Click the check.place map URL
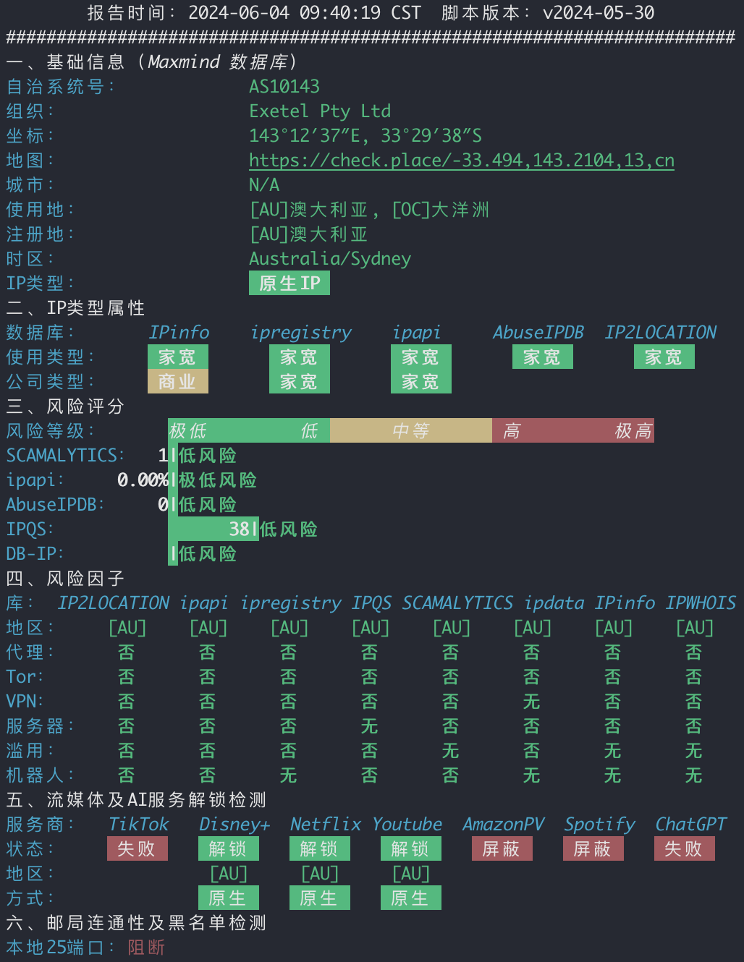[x=462, y=161]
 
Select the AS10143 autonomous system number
[x=284, y=86]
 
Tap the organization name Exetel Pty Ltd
[x=320, y=111]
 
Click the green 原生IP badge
[x=289, y=283]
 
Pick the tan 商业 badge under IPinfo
[x=178, y=381]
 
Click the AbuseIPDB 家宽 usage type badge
[x=543, y=357]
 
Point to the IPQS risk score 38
[x=240, y=529]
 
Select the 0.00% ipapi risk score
[x=143, y=480]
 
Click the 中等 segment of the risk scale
[x=411, y=430]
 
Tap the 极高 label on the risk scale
[x=633, y=431]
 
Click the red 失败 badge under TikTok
[x=138, y=848]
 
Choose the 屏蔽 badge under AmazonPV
[x=502, y=848]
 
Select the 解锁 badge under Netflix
[x=320, y=848]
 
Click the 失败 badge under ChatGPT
[x=685, y=848]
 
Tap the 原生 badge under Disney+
[x=229, y=898]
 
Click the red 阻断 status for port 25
[x=147, y=948]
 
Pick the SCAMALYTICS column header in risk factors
[x=457, y=603]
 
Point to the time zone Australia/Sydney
[x=330, y=259]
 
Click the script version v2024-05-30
[x=599, y=12]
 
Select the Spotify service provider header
[x=600, y=825]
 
